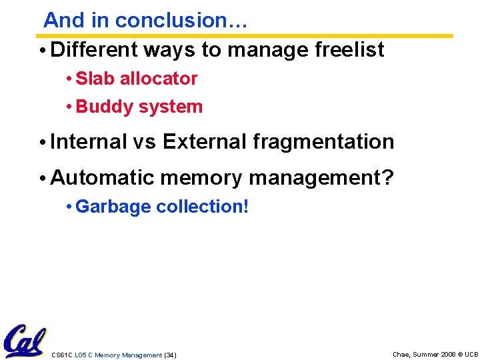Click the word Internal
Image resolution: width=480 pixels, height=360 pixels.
[x=88, y=141]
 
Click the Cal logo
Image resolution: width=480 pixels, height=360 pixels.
[x=24, y=341]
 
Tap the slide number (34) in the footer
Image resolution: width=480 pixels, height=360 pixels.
[x=170, y=355]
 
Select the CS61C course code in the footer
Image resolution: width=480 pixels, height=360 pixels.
[x=62, y=355]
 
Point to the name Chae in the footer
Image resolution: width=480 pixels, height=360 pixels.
[x=402, y=355]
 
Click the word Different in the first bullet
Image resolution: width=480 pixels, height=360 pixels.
[x=93, y=49]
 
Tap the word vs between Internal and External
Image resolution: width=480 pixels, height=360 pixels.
[x=145, y=141]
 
